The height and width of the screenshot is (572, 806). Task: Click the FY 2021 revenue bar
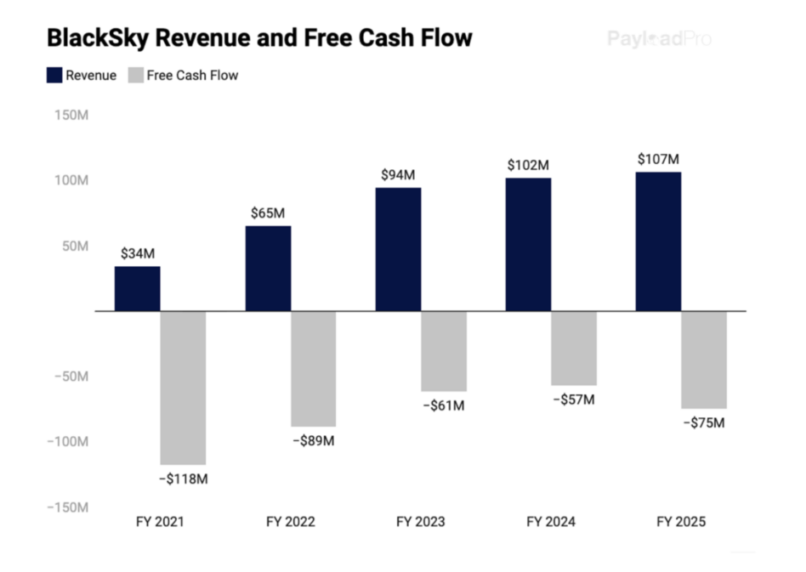click(138, 289)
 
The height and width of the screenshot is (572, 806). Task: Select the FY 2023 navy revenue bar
click(398, 249)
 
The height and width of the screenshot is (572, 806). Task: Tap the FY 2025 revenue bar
click(658, 241)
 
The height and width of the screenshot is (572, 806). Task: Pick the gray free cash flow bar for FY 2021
click(183, 388)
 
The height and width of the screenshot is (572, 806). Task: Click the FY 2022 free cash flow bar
click(313, 369)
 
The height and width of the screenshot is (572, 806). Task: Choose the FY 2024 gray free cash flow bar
click(573, 348)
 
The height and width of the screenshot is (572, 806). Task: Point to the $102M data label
click(528, 165)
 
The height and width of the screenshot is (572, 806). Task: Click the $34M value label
click(138, 253)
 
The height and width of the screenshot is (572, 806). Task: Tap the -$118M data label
click(183, 479)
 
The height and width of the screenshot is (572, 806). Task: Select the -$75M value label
click(703, 422)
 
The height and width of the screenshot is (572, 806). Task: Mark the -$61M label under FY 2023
click(443, 405)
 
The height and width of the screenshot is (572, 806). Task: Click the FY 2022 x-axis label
click(290, 522)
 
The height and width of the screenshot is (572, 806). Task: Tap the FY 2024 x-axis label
click(550, 522)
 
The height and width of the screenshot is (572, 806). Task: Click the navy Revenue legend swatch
click(54, 75)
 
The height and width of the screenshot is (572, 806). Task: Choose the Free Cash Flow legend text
click(192, 75)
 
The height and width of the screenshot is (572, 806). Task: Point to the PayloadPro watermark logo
click(659, 38)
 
